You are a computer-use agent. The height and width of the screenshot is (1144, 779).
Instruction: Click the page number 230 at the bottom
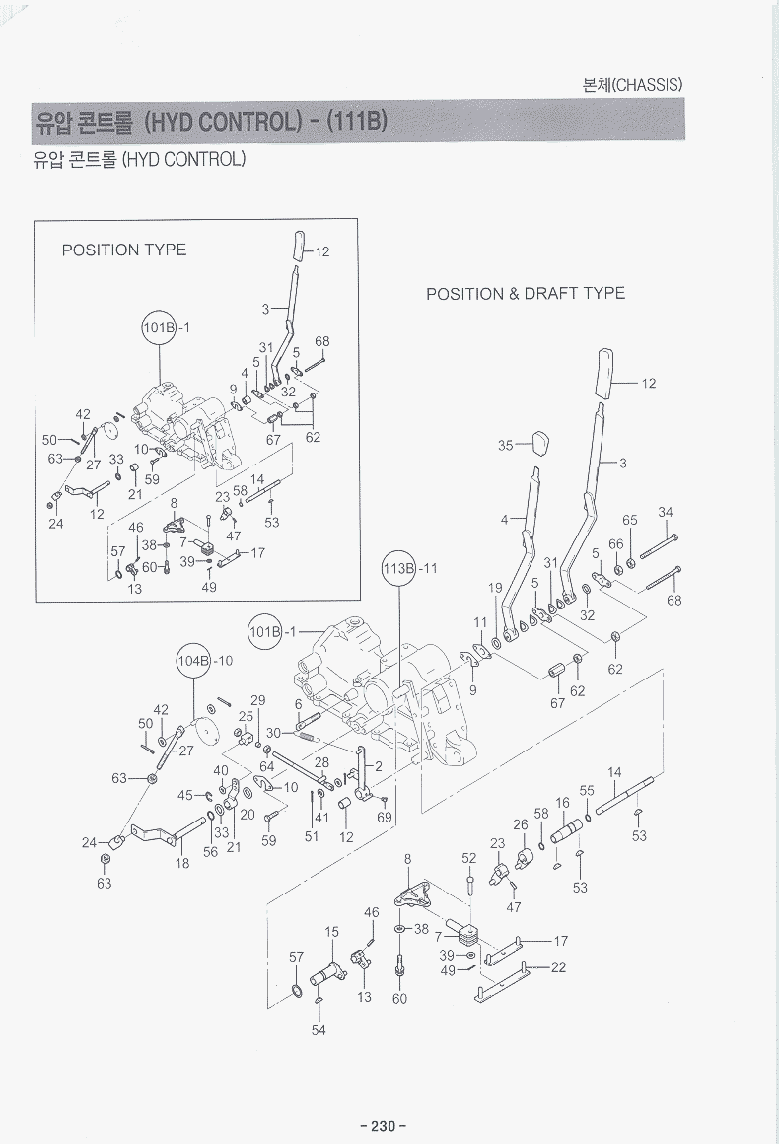[x=384, y=1126]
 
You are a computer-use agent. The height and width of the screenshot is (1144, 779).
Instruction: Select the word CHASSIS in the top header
[x=649, y=85]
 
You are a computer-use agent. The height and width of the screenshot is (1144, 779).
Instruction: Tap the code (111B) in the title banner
[x=349, y=121]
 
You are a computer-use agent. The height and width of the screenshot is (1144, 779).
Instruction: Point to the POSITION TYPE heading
[x=123, y=250]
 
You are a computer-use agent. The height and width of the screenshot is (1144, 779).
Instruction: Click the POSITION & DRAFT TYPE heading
[x=525, y=293]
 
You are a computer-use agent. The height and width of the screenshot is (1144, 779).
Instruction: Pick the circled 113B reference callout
[x=397, y=569]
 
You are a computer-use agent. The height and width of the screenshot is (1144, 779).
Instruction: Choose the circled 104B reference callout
[x=193, y=660]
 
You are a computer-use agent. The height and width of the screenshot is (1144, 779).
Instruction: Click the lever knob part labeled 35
[x=541, y=443]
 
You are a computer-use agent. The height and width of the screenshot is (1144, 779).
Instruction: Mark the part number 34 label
[x=666, y=512]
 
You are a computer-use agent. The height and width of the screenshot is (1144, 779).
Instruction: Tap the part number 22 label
[x=558, y=967]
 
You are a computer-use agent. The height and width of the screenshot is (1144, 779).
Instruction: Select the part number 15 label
[x=332, y=931]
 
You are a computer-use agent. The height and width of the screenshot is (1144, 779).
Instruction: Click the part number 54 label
[x=319, y=1030]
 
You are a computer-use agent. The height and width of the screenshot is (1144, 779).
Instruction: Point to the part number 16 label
[x=562, y=804]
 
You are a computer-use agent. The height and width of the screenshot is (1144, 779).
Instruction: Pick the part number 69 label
[x=385, y=817]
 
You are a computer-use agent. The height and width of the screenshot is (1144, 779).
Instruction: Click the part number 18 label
[x=182, y=863]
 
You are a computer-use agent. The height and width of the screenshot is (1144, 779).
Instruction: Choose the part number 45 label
[x=185, y=795]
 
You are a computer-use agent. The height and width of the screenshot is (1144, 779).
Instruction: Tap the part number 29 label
[x=258, y=700]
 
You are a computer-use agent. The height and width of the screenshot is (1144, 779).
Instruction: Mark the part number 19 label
[x=495, y=589]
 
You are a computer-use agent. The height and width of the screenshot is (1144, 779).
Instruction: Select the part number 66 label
[x=615, y=543]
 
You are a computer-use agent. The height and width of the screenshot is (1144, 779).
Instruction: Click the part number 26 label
[x=521, y=824]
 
